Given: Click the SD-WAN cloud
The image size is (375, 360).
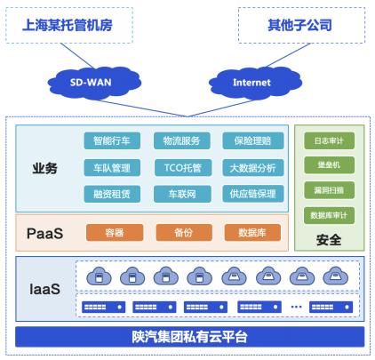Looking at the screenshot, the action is tap(94, 83).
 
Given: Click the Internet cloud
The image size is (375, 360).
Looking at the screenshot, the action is tap(255, 83).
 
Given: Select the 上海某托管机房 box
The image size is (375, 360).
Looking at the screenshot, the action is tap(69, 26).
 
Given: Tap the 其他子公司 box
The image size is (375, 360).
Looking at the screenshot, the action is tap(301, 26).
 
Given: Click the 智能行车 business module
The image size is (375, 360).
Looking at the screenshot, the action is tap(112, 140).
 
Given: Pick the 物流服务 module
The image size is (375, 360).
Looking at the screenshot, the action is tap(182, 140).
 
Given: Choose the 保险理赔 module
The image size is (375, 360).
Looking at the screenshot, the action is tap(253, 140).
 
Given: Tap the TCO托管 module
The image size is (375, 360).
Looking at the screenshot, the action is tap(183, 168).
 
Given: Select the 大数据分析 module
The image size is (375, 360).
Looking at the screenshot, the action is tap(253, 168).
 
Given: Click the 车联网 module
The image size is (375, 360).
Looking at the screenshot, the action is tap(182, 194).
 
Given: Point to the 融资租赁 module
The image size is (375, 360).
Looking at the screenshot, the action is tap(112, 194).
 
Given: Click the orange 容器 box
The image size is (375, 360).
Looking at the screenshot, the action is tap(115, 233).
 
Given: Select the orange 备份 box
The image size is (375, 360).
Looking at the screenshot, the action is tap(184, 233).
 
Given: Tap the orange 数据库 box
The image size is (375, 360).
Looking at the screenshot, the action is tap(252, 233).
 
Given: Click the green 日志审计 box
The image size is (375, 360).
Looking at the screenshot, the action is tap(329, 140).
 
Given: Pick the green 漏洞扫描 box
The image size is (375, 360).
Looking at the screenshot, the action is tap(329, 190).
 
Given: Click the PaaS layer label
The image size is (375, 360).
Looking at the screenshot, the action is tap(45, 234).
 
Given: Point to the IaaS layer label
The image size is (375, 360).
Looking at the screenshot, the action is tap(45, 289).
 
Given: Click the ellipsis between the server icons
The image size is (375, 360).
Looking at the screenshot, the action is tap(296, 307).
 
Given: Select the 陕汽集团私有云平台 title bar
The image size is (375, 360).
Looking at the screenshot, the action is tap(190, 337).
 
